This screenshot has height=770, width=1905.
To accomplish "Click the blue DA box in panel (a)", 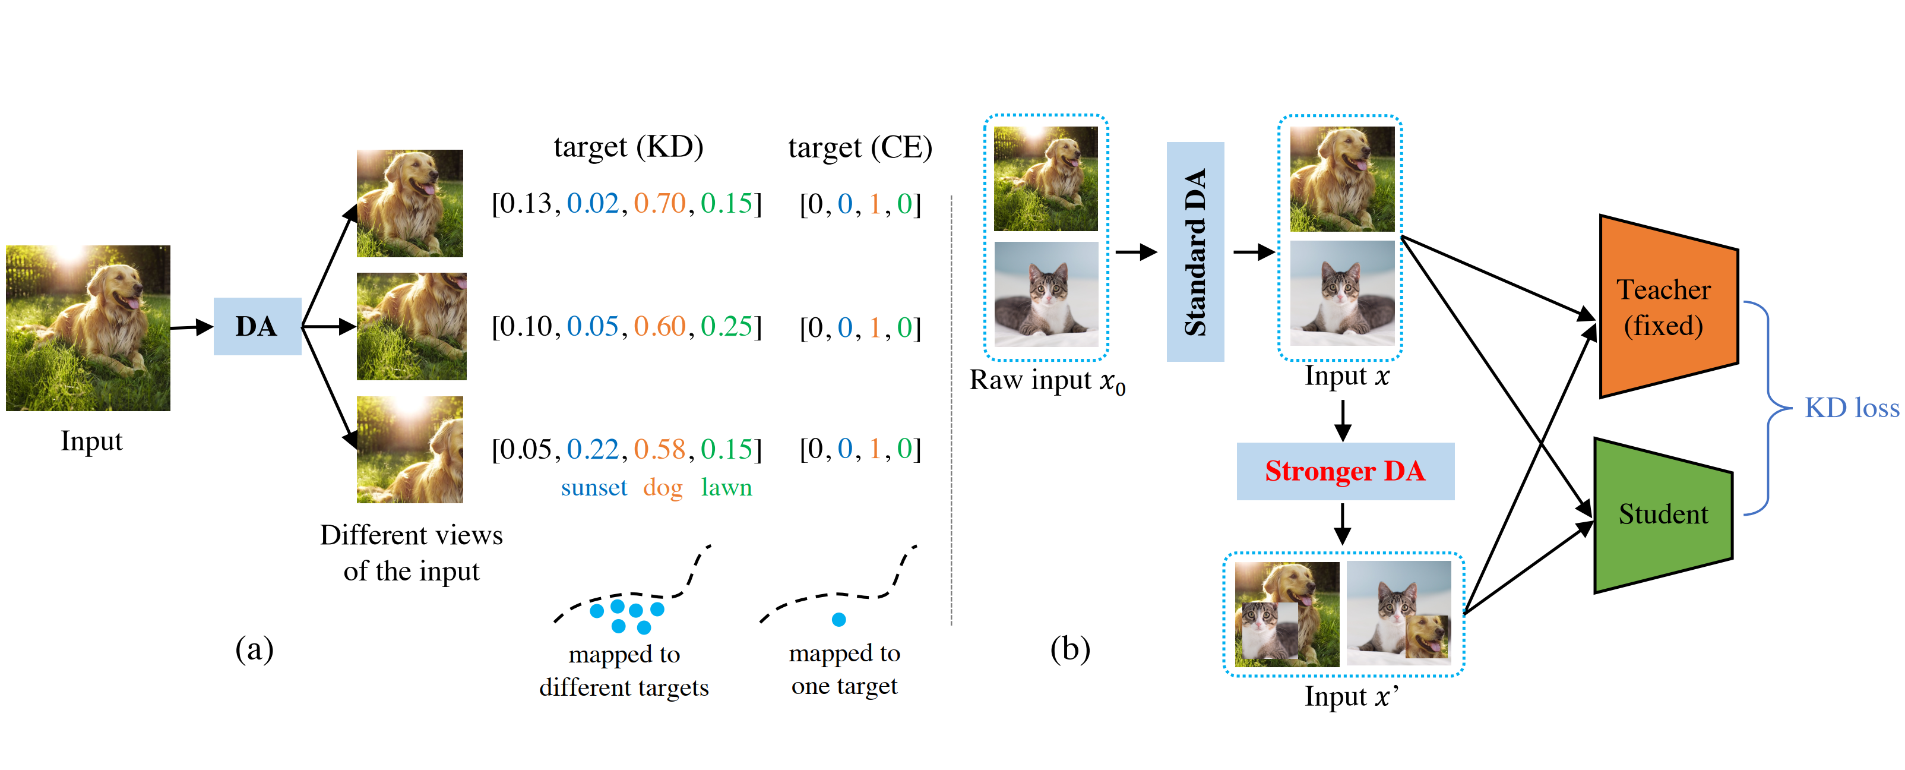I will coord(257,326).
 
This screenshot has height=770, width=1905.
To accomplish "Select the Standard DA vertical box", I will coord(1194,251).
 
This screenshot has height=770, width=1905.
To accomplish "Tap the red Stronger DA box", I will coord(1344,471).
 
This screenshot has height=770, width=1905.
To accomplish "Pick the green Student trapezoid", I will coord(1663,515).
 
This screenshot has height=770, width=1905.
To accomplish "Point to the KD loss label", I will coord(1851,408).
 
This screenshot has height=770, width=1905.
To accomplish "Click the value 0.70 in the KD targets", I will coord(660,203).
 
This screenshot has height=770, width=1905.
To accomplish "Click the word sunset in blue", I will coord(593,487).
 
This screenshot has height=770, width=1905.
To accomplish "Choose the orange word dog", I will coord(663,487).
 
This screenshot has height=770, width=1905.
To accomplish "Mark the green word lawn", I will coord(726,487).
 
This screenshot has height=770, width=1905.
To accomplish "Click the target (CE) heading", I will coord(859,147).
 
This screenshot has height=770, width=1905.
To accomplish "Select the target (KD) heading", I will coord(628,147).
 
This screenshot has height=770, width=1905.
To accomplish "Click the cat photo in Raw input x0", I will coord(1046,294).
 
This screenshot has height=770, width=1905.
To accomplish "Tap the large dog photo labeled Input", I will coord(88,328).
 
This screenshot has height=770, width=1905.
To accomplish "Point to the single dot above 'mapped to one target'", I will coord(838,619).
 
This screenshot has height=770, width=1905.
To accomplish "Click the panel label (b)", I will coord(1069,649).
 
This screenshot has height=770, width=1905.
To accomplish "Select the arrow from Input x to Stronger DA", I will coord(1343,420).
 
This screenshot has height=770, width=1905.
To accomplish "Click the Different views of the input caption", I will coord(411,553).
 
